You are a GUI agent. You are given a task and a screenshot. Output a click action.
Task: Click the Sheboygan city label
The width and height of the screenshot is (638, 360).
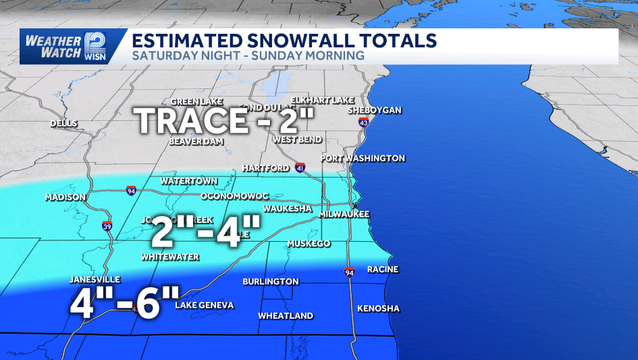(375, 110)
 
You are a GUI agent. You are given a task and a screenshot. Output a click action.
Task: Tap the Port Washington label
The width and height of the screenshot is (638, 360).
(363, 159)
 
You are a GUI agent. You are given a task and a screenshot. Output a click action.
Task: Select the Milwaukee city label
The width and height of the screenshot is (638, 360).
(344, 213)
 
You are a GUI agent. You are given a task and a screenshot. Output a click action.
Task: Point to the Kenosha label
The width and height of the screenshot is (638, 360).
(379, 309)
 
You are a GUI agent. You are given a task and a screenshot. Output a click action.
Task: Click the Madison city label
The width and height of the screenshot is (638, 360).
(65, 197)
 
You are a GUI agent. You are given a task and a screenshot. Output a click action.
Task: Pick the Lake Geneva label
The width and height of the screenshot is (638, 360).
(205, 305)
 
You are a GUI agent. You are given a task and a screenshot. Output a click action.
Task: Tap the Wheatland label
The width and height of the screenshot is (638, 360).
(286, 315)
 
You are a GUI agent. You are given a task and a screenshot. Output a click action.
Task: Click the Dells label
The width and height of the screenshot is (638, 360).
(64, 124)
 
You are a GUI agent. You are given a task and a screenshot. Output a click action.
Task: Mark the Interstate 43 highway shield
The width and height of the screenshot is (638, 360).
(364, 123)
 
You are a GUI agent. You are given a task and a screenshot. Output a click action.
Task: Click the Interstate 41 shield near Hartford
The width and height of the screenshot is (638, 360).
(300, 168)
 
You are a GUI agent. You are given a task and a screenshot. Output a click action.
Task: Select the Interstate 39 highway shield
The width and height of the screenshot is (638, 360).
(107, 226)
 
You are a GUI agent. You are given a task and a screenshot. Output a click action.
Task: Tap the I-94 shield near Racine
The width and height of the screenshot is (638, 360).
(349, 272)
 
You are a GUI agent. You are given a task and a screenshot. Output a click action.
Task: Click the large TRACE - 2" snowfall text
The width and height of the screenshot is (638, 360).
(226, 122)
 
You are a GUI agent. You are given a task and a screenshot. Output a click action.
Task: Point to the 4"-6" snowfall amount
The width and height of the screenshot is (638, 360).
(126, 301)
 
